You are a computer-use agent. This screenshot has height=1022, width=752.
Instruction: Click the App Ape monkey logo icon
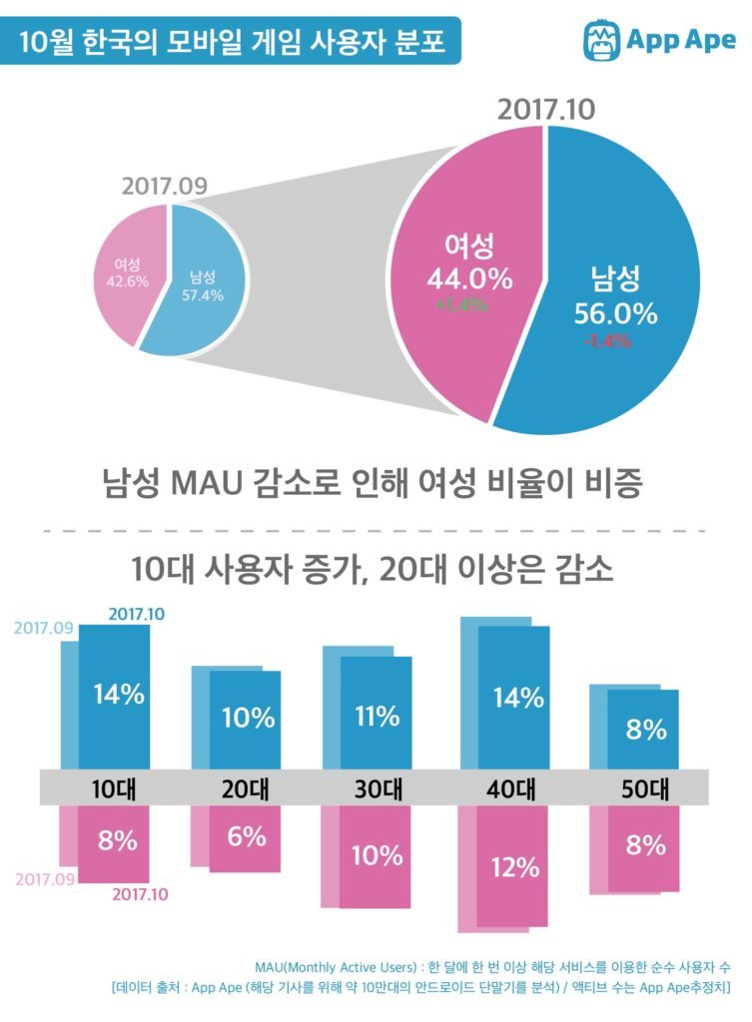point(600,39)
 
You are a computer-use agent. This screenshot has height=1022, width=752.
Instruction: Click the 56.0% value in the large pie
point(615,312)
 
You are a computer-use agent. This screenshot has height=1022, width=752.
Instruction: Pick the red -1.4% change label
point(607,340)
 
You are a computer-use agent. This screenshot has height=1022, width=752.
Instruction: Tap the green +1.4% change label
point(460,305)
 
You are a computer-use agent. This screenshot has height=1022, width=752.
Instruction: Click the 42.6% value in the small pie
point(127,281)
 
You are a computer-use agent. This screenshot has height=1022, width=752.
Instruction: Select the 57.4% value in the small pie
point(203,294)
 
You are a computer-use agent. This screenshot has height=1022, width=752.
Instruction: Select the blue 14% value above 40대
point(517,698)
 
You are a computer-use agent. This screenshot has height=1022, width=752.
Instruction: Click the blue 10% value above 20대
point(248,717)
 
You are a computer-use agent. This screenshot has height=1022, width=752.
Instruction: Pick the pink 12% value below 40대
point(515,867)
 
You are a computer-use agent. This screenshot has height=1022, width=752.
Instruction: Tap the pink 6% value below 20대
point(246,836)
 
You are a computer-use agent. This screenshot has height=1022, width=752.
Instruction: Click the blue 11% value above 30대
point(377,716)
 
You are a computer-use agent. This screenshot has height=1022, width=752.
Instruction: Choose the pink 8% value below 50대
point(645,844)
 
